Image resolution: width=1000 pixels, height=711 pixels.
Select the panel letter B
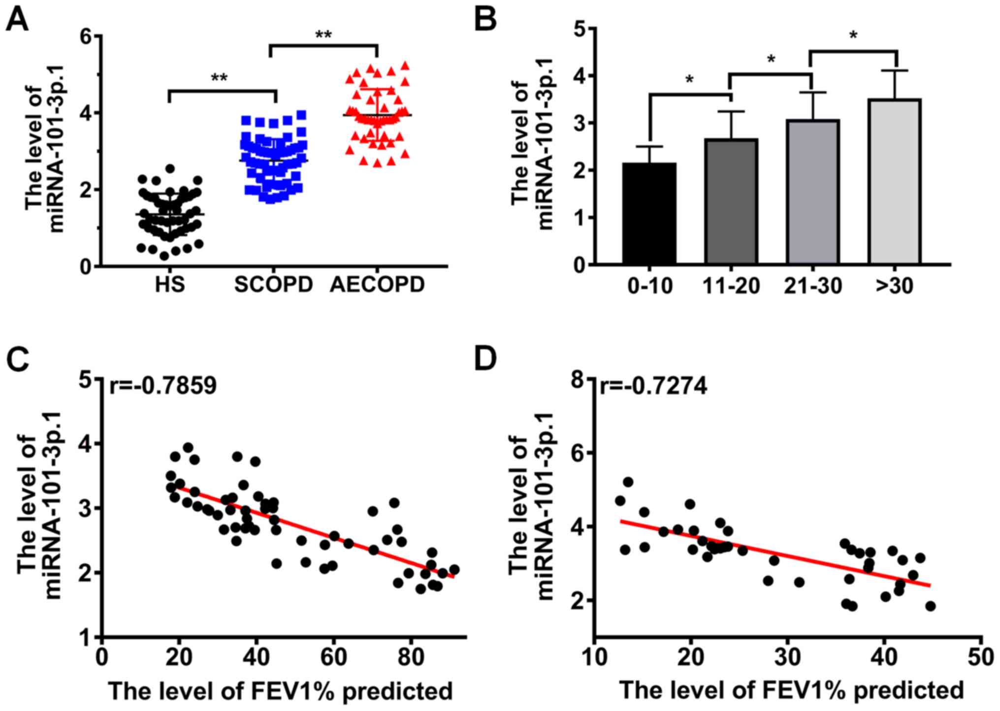(485, 20)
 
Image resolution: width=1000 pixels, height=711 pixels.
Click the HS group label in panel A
(170, 285)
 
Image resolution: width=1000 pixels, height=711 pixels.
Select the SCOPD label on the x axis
(273, 285)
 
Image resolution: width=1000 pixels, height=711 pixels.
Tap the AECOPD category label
(377, 285)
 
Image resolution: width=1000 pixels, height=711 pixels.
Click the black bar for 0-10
(649, 214)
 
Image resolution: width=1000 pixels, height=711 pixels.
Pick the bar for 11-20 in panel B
(731, 202)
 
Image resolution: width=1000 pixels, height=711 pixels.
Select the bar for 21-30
(813, 192)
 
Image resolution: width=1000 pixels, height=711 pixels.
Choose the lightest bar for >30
(895, 182)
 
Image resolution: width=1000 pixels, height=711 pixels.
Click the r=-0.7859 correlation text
(162, 385)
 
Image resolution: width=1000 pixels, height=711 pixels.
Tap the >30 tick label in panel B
(895, 286)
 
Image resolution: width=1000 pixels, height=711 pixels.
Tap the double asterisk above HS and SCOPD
(219, 78)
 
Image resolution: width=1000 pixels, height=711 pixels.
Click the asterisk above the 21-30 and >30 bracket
(853, 35)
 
